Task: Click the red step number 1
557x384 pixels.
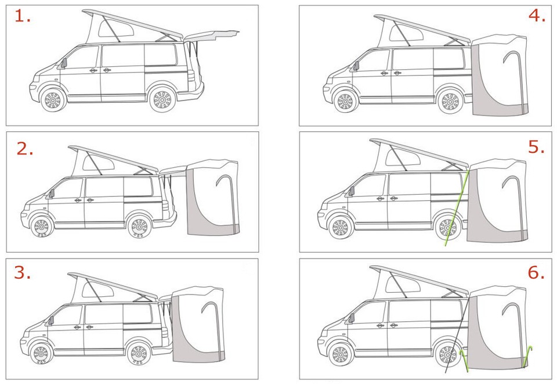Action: click(x=21, y=16)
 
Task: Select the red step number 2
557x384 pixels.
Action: click(x=24, y=149)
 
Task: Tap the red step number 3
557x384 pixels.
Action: click(x=22, y=272)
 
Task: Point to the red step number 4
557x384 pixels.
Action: click(x=537, y=16)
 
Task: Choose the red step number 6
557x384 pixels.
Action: click(x=536, y=272)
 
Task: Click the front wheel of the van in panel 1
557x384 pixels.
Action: click(x=52, y=100)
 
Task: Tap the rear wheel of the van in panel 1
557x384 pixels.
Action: click(x=162, y=100)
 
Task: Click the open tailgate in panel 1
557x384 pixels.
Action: click(x=212, y=35)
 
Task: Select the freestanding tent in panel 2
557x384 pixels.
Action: click(x=213, y=198)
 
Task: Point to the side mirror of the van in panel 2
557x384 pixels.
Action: click(x=50, y=193)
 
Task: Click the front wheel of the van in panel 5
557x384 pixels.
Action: click(x=340, y=228)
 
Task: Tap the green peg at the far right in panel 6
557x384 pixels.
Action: click(x=528, y=356)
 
